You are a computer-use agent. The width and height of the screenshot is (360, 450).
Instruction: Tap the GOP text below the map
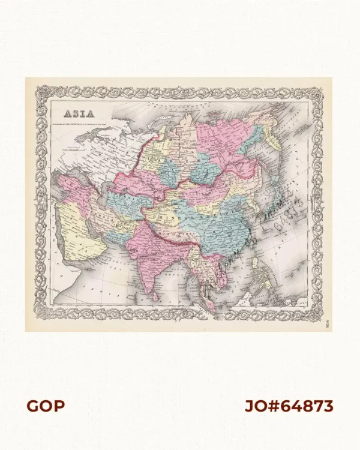pyautogui.click(x=46, y=406)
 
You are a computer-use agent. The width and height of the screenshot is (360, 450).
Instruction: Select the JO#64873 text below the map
pyautogui.click(x=289, y=406)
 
